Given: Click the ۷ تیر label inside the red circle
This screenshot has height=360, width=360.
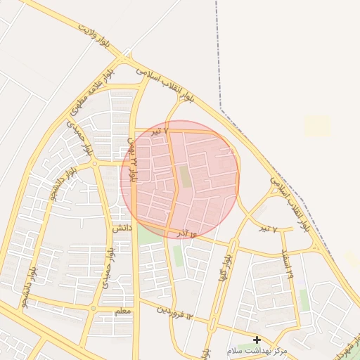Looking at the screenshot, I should pos(161,131).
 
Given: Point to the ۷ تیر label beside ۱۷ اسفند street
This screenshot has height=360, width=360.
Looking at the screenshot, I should pos(265,229).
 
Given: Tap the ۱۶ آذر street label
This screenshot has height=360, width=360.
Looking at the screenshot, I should pos(184,231).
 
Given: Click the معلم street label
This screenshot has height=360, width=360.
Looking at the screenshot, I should pos(122,311).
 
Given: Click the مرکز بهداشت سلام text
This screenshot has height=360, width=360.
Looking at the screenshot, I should pos(257,350).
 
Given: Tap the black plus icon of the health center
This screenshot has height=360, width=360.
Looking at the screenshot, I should pos(257,340).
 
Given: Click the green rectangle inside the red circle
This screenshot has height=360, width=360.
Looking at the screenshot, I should pos(185,176).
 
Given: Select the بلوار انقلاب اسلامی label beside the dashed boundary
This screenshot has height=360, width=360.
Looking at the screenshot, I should pos(288,204).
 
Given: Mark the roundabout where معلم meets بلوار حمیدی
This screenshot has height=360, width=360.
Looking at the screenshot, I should pos(92,308).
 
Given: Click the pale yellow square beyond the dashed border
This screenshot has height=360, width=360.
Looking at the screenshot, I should pos(316,126).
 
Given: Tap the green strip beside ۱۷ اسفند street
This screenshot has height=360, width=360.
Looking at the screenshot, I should pos(304,300).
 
